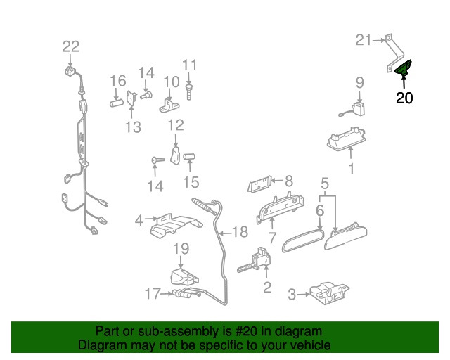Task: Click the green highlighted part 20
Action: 404,68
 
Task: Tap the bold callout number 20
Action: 404,98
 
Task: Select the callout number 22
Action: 71,47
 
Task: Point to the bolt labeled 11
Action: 189,91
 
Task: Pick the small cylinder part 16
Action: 117,103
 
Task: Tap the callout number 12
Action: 175,125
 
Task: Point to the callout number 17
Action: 153,293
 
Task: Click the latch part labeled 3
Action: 326,294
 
